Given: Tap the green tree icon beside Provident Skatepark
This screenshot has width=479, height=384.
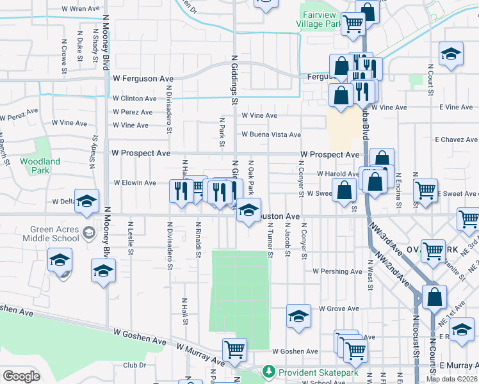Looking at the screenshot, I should (269, 371).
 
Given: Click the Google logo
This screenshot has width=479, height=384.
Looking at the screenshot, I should (21, 376).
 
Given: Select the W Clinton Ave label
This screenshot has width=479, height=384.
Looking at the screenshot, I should (134, 99).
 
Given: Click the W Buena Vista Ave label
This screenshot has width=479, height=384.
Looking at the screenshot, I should (271, 134).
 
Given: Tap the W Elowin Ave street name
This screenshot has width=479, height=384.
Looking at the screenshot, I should (134, 182).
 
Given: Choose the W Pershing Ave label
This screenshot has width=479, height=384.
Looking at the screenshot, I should (338, 271).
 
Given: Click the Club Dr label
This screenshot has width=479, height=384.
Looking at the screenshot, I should (134, 365).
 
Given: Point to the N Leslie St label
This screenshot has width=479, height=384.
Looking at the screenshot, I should (131, 238).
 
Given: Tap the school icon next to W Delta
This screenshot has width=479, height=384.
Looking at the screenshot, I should (87, 201).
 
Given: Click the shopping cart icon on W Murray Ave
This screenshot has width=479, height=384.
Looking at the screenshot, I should (234, 349).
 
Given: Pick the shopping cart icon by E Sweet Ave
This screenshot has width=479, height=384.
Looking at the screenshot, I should (425, 190).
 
